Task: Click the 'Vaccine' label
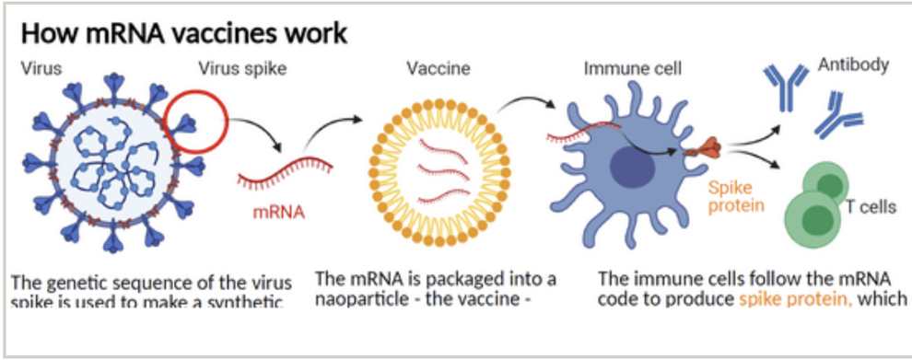[438, 68]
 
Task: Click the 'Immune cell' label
[632, 68]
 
